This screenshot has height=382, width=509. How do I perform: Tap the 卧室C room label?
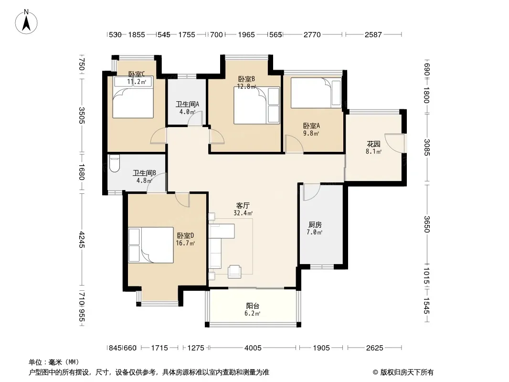(137, 74)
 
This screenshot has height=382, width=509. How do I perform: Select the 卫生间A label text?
(187, 104)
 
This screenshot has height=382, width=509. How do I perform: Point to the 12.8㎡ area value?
(246, 86)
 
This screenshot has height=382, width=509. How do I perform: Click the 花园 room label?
(373, 144)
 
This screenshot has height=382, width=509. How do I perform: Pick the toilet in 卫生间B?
(114, 163)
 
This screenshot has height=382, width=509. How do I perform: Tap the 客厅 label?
(243, 205)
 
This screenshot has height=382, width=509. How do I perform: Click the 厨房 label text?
(315, 224)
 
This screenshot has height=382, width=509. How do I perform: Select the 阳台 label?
(253, 306)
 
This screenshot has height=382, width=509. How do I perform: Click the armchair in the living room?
(234, 272)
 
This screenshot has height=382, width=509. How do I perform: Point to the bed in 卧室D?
(151, 244)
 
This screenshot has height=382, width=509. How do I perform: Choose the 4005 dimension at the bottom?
(253, 348)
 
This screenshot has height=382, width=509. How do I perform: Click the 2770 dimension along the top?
(312, 34)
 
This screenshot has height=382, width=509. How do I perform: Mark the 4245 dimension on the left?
(82, 240)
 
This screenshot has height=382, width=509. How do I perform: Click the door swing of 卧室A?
(294, 143)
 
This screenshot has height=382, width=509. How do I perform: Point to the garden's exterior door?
(395, 143)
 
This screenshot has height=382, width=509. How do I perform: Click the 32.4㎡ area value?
(243, 213)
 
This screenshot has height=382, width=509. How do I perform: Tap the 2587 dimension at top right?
(373, 34)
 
